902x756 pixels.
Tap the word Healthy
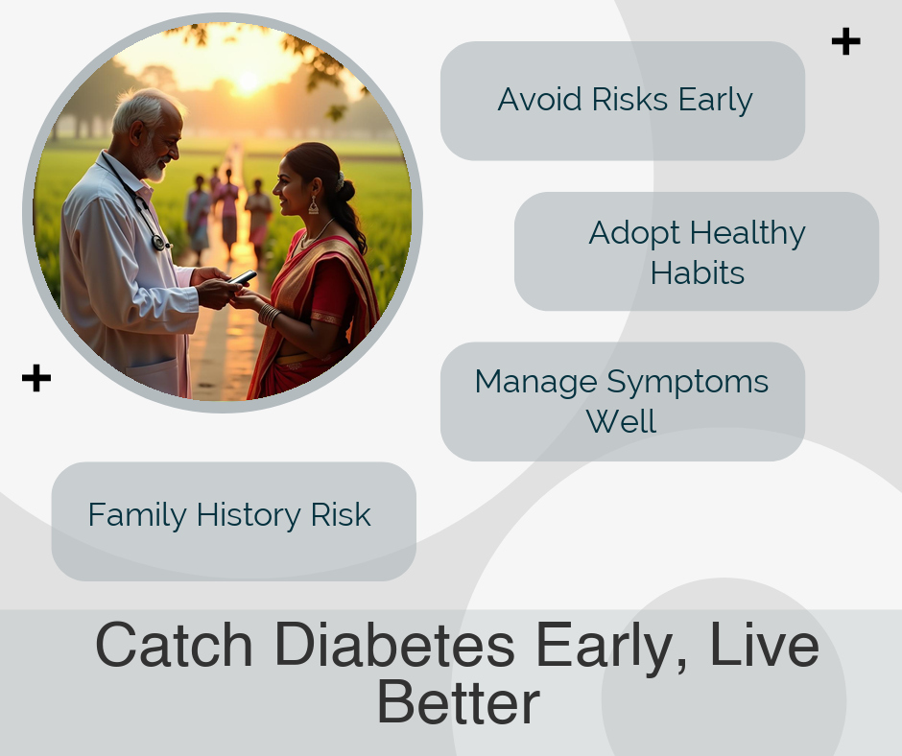(748, 234)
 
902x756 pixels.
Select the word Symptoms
(687, 383)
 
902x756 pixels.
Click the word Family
(137, 515)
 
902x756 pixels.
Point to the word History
(249, 515)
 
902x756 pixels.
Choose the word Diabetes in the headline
(394, 645)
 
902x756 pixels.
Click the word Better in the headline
(459, 702)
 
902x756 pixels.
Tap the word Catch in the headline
(174, 645)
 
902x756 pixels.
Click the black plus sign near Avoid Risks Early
(845, 41)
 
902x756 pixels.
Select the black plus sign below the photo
(36, 378)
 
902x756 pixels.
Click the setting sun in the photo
(248, 82)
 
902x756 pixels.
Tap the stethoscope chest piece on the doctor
(158, 242)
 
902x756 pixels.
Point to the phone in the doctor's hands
(244, 277)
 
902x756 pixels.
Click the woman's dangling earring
(314, 205)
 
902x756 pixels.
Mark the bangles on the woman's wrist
(269, 315)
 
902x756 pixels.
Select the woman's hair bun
(344, 189)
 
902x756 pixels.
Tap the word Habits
(698, 272)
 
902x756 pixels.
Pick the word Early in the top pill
(715, 101)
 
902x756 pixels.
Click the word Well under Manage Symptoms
(621, 421)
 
